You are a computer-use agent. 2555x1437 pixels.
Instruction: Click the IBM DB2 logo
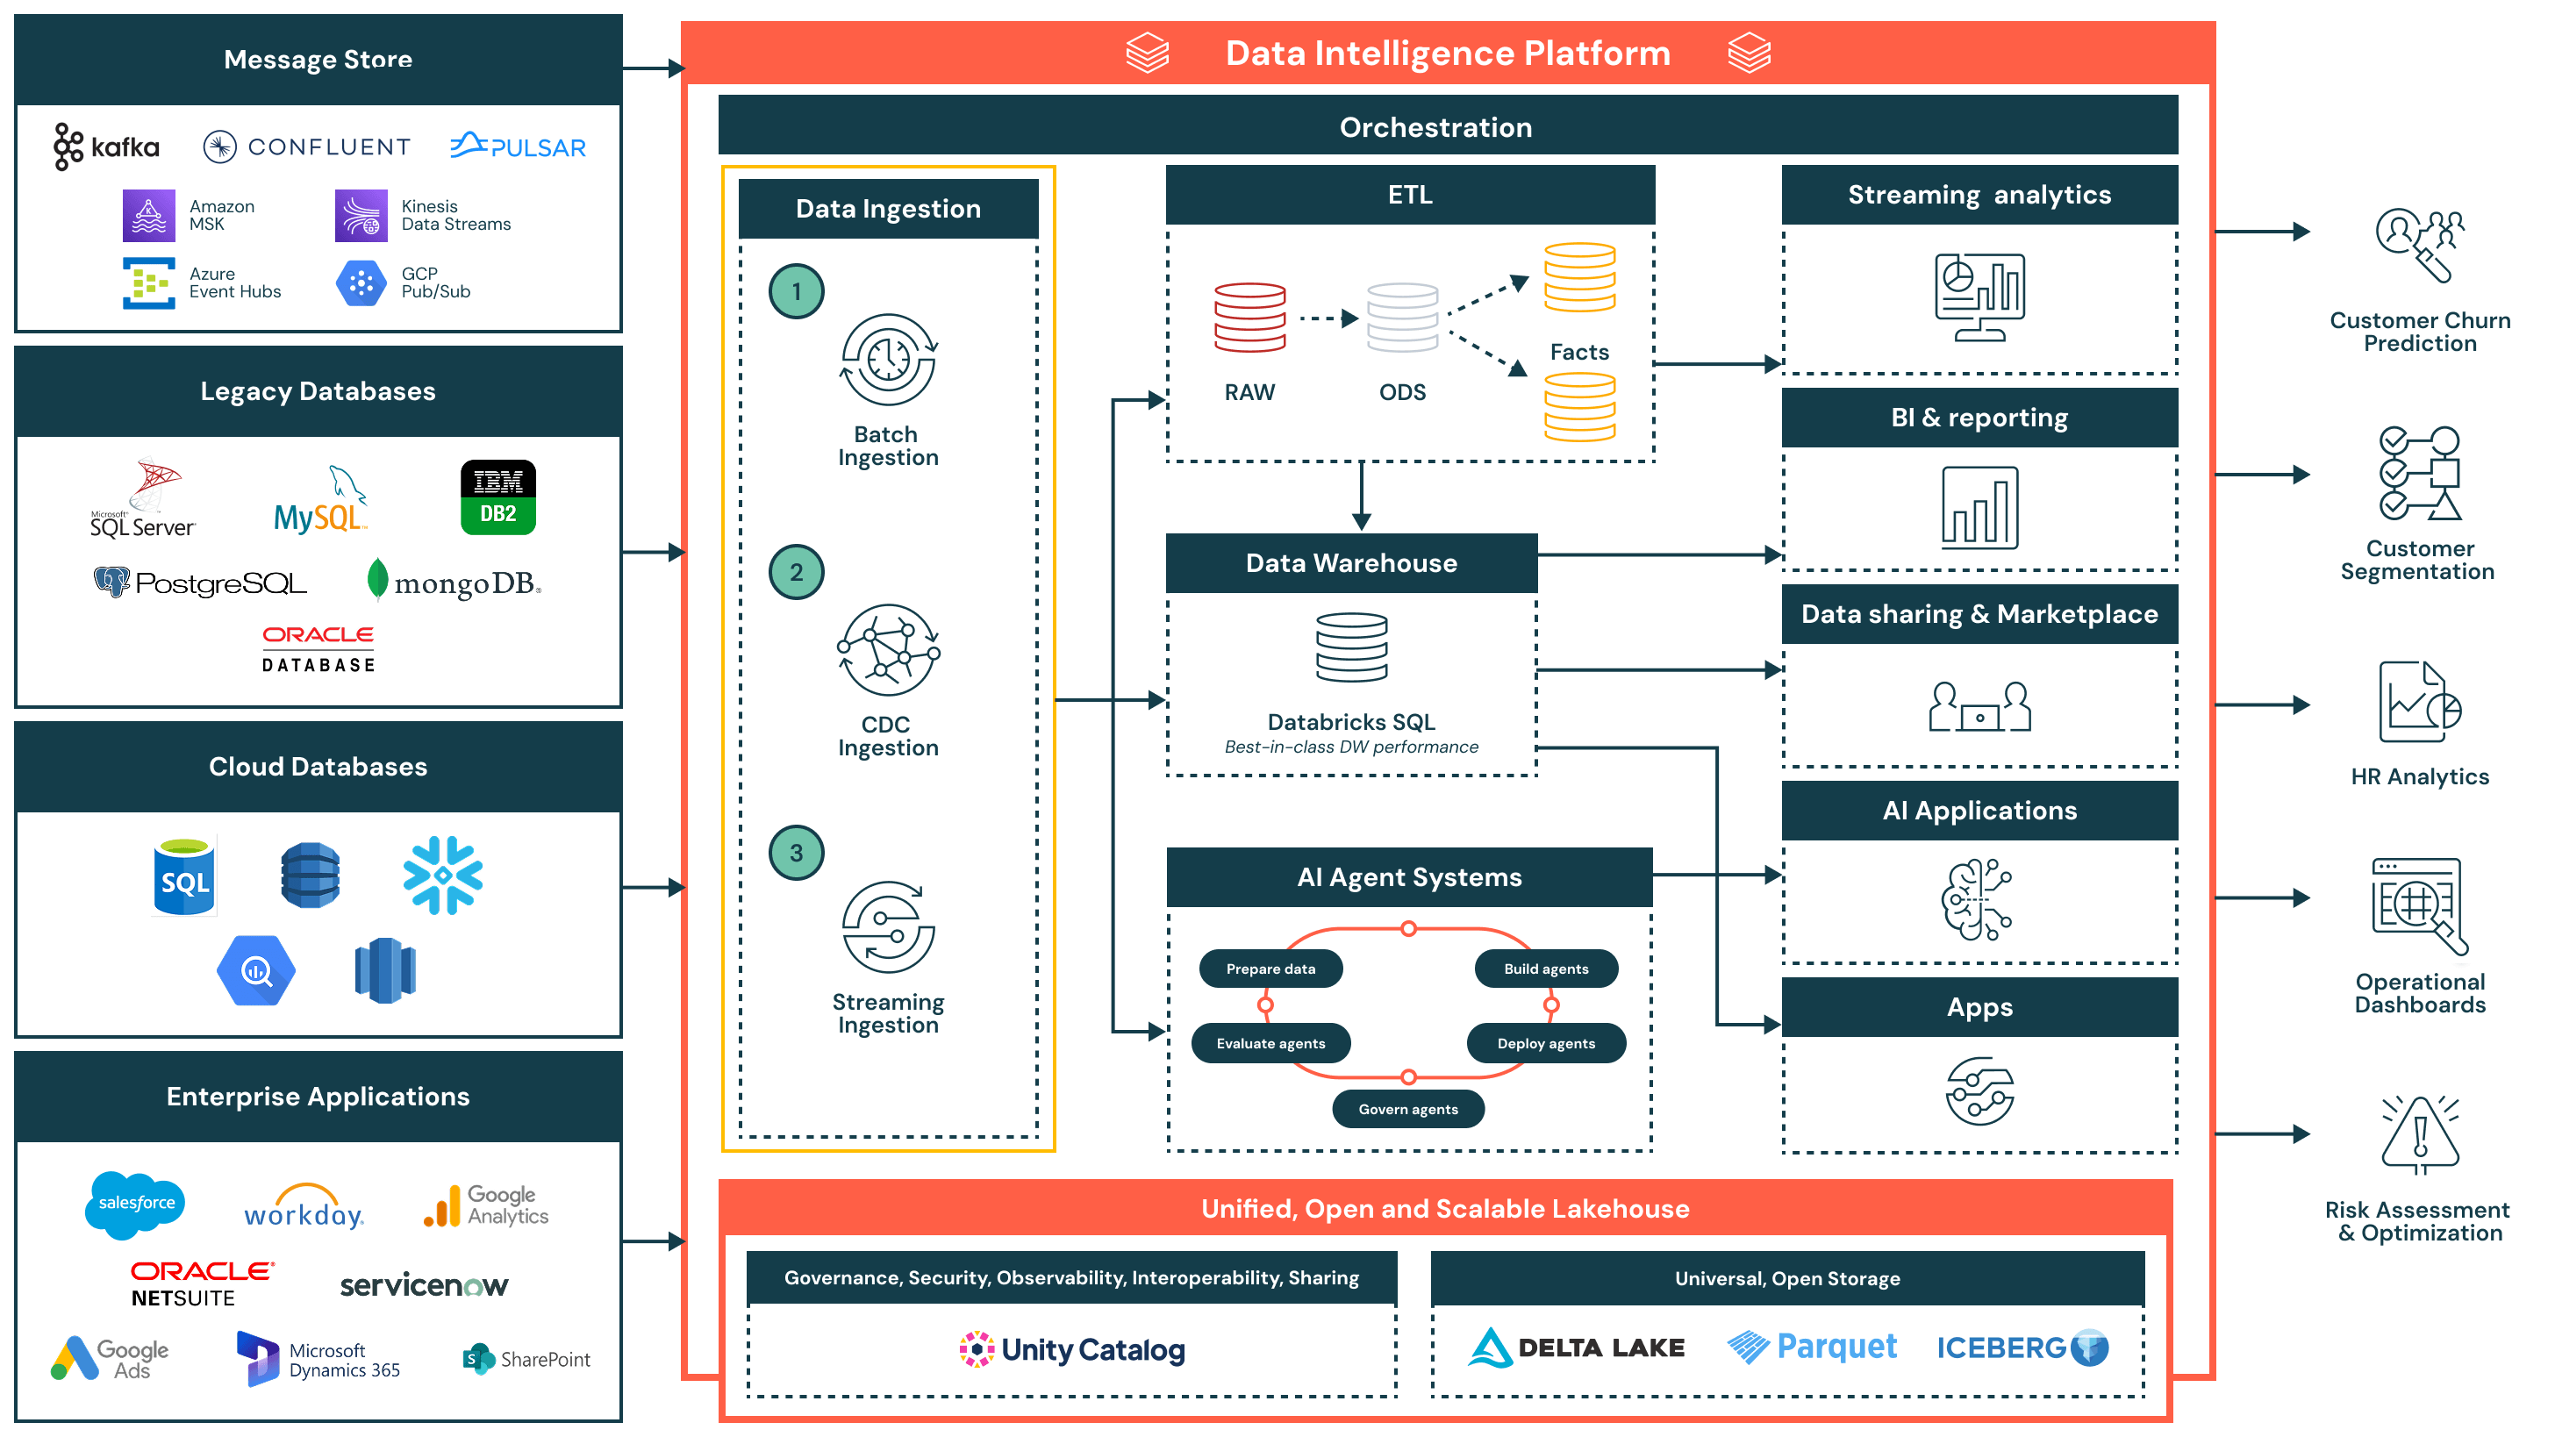497,497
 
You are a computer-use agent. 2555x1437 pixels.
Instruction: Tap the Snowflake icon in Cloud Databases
442,875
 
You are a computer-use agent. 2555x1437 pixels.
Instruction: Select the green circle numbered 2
796,572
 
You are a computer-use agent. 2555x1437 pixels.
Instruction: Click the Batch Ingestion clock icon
888,360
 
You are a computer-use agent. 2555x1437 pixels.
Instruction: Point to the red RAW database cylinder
1249,318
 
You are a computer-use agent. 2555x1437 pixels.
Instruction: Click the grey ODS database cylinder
1401,318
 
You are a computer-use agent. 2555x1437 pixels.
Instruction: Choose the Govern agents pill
1407,1109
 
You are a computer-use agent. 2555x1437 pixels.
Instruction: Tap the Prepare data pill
1270,969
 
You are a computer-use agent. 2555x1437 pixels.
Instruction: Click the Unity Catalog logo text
1092,1350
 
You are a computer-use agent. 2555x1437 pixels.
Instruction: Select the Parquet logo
1812,1347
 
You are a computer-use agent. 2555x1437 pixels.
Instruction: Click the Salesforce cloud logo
136,1204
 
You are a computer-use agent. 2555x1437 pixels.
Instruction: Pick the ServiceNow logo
424,1285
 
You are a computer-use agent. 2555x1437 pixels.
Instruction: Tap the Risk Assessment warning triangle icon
2419,1134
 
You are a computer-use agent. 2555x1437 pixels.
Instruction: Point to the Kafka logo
107,147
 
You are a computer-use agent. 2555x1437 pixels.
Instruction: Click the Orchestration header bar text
1435,127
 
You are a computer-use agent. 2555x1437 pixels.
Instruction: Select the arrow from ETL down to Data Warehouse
1361,496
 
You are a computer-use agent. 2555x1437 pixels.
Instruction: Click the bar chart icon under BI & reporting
1979,508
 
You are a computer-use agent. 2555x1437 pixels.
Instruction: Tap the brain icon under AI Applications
1976,899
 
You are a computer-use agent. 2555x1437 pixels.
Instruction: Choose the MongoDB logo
454,583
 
